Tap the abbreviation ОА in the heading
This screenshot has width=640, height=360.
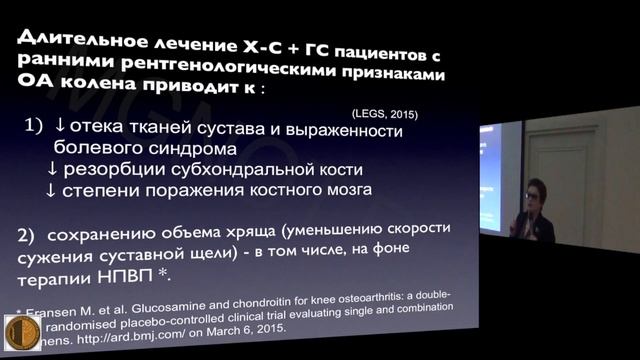click(37, 90)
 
